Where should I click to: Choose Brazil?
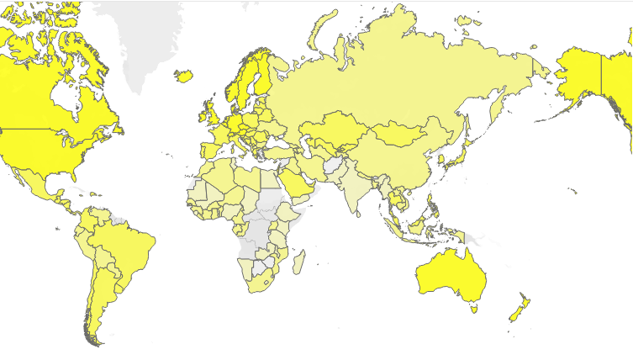click(x=126, y=248)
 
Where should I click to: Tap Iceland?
click(x=184, y=76)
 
